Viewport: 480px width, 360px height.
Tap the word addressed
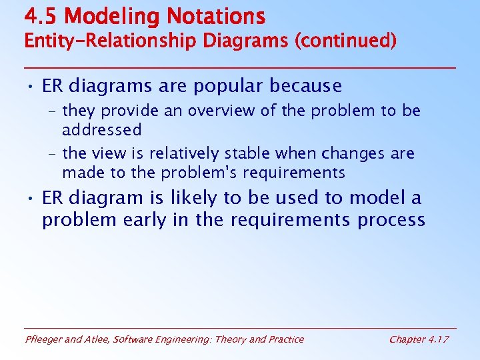pos(101,129)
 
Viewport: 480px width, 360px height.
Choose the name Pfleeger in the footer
pos(44,339)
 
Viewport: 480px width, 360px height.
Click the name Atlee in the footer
pos(98,339)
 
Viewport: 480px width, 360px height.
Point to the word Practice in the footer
pos(285,339)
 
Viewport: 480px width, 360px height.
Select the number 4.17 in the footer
pos(437,339)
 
